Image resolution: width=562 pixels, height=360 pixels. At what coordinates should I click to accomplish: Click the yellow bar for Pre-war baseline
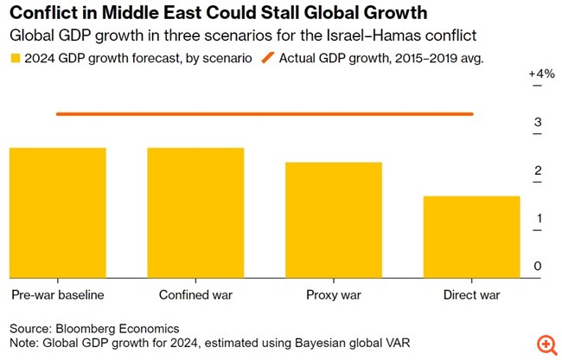pyautogui.click(x=57, y=213)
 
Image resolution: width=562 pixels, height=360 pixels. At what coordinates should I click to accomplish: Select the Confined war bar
pyautogui.click(x=195, y=213)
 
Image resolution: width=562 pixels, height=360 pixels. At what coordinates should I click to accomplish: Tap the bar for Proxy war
pyautogui.click(x=334, y=220)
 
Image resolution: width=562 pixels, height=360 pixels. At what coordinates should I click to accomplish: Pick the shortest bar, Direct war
pyautogui.click(x=471, y=236)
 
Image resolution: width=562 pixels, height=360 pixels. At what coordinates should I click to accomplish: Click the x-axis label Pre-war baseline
pyautogui.click(x=58, y=295)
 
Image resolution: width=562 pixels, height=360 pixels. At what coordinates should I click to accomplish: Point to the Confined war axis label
pyautogui.click(x=195, y=295)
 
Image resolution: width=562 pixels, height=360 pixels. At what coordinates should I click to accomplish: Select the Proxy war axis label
pyautogui.click(x=334, y=295)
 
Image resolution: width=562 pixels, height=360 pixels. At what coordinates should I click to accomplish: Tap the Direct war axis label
pyautogui.click(x=471, y=295)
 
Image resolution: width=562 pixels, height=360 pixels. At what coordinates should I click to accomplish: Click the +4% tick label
pyautogui.click(x=540, y=74)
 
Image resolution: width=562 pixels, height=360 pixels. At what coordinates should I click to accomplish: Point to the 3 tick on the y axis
pyautogui.click(x=538, y=122)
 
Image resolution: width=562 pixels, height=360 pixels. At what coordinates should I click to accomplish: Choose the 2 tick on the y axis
pyautogui.click(x=538, y=170)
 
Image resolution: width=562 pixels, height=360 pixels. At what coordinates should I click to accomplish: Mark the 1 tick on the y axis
pyautogui.click(x=538, y=218)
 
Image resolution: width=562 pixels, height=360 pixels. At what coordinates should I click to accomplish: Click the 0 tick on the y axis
pyautogui.click(x=538, y=266)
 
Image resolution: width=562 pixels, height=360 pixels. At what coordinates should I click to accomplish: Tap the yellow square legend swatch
pyautogui.click(x=16, y=59)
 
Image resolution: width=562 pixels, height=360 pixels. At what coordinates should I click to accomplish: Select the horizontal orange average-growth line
pyautogui.click(x=264, y=113)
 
